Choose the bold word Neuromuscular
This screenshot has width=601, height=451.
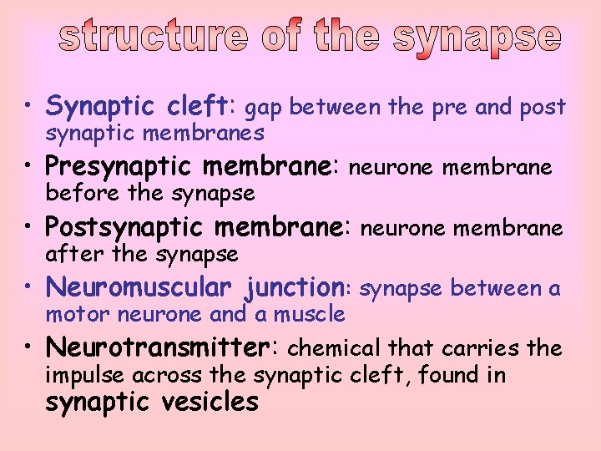click(139, 286)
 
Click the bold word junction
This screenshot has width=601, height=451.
click(297, 288)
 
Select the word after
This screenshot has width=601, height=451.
click(71, 253)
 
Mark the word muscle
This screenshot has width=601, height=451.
click(314, 314)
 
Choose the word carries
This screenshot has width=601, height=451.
click(489, 348)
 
